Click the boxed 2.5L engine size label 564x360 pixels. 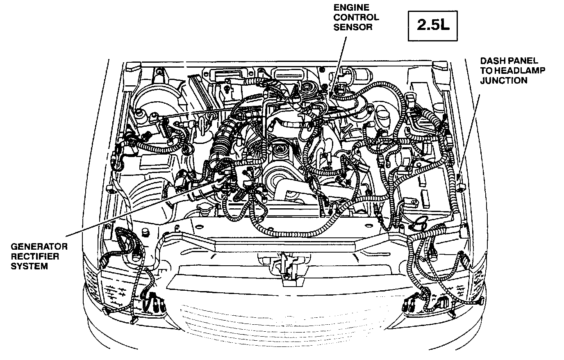click(x=433, y=25)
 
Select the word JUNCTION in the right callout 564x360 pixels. click(x=504, y=80)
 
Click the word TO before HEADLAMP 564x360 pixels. click(x=486, y=70)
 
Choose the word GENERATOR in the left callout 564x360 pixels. click(x=39, y=246)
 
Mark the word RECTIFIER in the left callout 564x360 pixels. click(x=35, y=256)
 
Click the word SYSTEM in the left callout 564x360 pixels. click(x=29, y=266)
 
